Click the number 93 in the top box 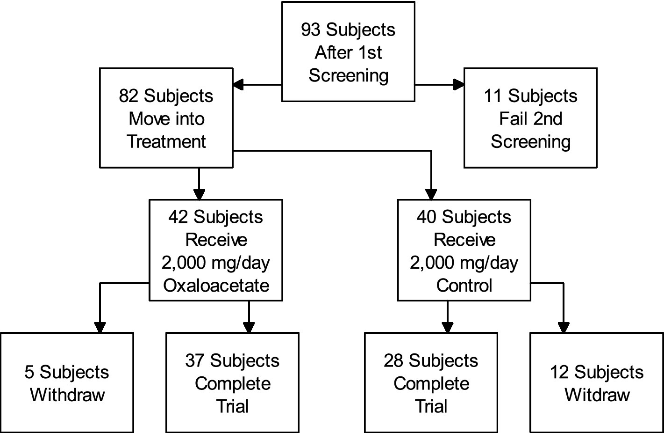tap(311, 29)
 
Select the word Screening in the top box tap(348, 75)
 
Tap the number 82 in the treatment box tap(129, 96)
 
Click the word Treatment tap(166, 141)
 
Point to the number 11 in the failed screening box tap(493, 96)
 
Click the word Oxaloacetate tap(216, 286)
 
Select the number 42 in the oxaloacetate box tap(178, 217)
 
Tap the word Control tap(464, 286)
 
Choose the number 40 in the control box tap(427, 217)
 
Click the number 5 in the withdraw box tap(29, 373)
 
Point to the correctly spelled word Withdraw tap(67, 395)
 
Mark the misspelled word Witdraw tap(597, 395)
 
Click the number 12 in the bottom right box tap(559, 373)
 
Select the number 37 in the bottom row tap(195, 361)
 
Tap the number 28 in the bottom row tap(393, 361)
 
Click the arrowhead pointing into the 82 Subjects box tap(238, 85)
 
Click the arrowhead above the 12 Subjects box tap(564, 327)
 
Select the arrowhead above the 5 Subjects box tap(100, 327)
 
